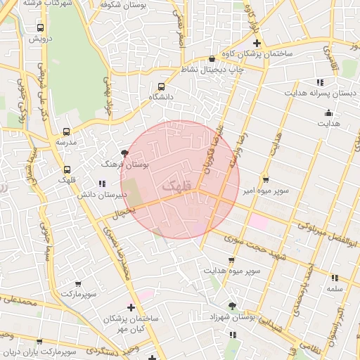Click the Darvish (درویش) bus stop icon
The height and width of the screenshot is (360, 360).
pos(39,28)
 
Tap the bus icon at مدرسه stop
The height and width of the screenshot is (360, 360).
pos(67,131)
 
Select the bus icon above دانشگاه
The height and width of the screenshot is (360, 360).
pos(162,86)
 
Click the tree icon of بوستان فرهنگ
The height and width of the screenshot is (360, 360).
pos(124,153)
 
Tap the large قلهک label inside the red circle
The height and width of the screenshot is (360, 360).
pos(176,186)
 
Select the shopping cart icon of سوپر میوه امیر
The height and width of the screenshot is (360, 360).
pos(265,179)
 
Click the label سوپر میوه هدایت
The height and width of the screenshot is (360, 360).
pos(232,270)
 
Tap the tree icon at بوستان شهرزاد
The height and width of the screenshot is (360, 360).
pos(233,305)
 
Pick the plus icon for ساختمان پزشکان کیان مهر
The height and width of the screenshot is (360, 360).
pos(131,307)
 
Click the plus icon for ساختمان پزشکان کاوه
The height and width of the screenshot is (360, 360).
pos(257,44)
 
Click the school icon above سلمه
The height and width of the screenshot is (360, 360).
pos(334,278)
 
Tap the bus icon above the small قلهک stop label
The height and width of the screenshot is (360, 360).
pos(67,169)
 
